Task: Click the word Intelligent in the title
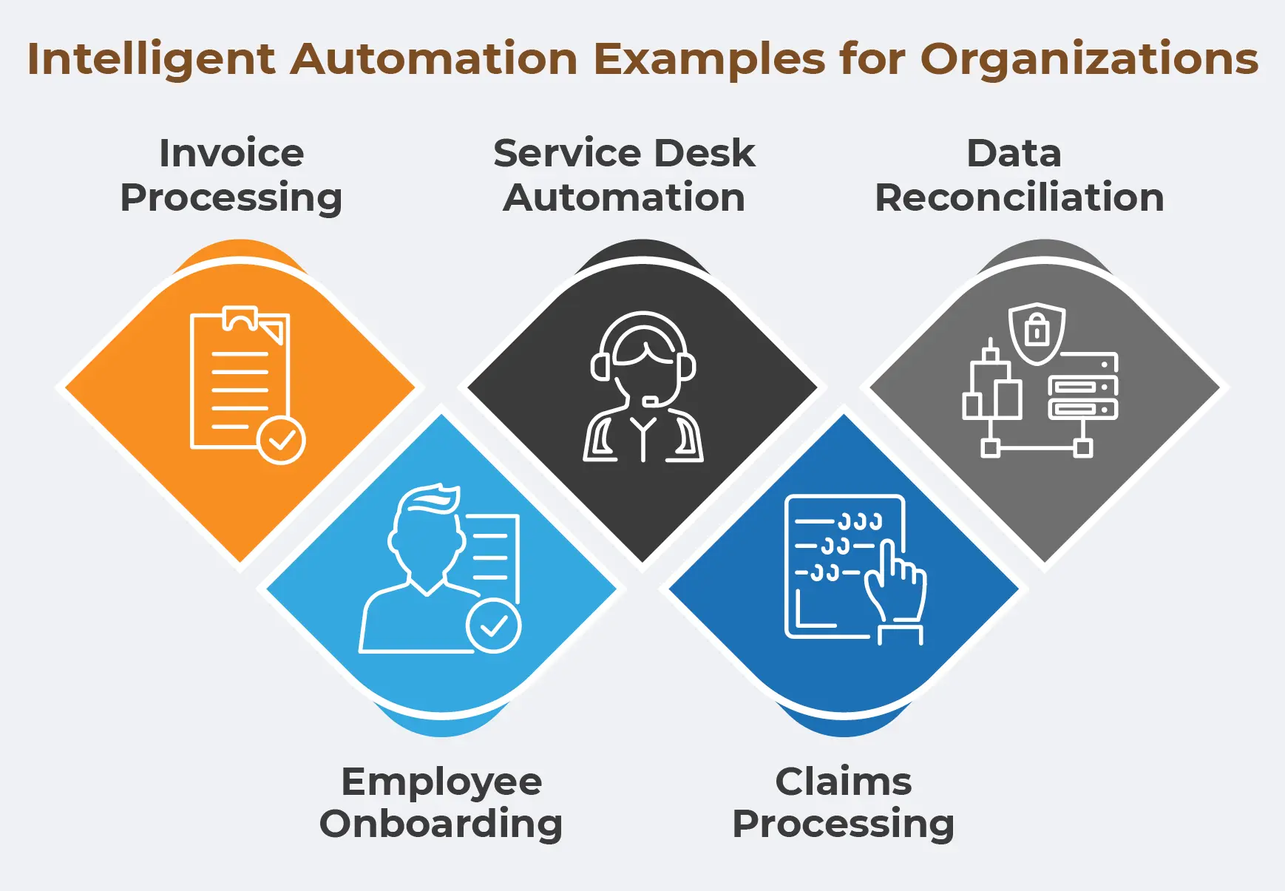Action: coord(151,59)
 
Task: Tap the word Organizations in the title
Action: coord(1088,59)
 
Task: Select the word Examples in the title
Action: coord(709,59)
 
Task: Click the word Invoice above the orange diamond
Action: coord(231,153)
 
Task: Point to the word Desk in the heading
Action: coord(705,153)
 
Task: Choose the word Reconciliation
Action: coord(1019,197)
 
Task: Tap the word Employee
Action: coord(441,782)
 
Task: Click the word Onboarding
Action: coord(441,824)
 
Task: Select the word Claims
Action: coord(843,782)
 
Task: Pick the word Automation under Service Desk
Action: coord(624,197)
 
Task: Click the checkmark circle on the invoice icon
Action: coord(281,441)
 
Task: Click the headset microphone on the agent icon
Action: coord(651,402)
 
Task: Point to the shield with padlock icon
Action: coord(1037,333)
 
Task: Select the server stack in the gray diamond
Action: coord(1083,387)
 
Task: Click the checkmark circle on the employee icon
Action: coord(493,626)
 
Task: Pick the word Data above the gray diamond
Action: coord(1014,153)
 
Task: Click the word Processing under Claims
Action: coord(843,824)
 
